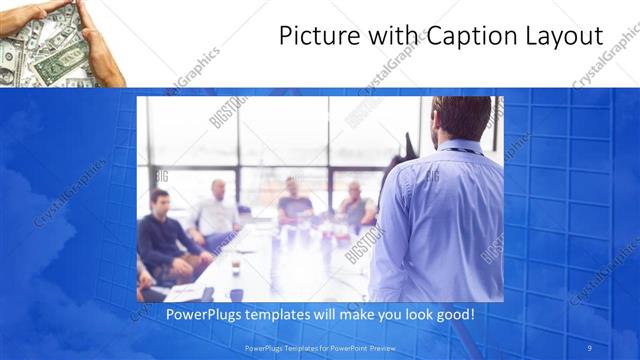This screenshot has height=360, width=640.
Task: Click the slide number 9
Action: tap(591, 347)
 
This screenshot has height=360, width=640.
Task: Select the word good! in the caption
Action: tap(453, 314)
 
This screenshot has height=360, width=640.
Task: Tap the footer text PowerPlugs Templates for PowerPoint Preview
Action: tap(320, 347)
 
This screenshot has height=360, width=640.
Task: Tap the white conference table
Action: tap(270, 265)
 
